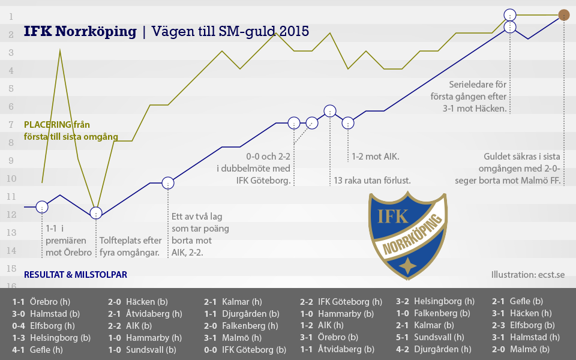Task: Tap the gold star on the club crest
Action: (x=408, y=265)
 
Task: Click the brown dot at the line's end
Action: (x=564, y=15)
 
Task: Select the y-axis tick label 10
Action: (x=11, y=179)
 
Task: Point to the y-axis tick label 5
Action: (x=11, y=89)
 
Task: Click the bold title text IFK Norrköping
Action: (x=80, y=31)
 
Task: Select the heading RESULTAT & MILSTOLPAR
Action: (x=76, y=275)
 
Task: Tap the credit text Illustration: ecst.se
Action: (x=528, y=275)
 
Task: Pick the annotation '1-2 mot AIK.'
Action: (x=375, y=157)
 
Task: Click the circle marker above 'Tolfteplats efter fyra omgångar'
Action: (x=96, y=212)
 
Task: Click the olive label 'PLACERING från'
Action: (x=56, y=125)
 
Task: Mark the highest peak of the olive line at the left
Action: (x=60, y=51)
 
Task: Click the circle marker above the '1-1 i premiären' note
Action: (x=42, y=206)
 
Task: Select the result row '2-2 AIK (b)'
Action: (x=131, y=325)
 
